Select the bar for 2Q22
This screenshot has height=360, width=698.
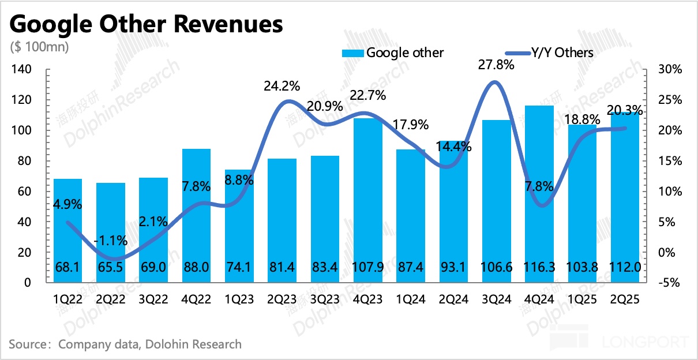(111, 231)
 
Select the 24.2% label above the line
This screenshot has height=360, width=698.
(282, 87)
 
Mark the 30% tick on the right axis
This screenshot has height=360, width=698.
(669, 70)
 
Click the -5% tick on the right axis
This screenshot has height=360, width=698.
(669, 283)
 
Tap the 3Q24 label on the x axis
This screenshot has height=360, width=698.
(497, 300)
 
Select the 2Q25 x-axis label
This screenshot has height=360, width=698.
(625, 300)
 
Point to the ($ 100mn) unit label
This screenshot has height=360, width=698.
(39, 47)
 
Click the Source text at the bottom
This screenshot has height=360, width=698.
(125, 344)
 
